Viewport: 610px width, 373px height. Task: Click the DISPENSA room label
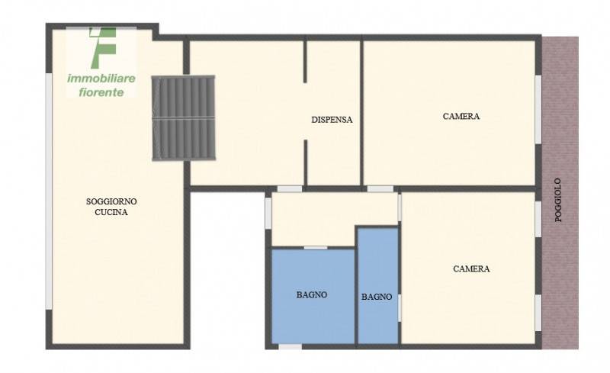click(332, 120)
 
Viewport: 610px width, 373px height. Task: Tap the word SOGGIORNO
click(111, 201)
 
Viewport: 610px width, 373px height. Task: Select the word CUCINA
click(111, 212)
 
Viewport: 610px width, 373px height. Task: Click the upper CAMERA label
click(461, 116)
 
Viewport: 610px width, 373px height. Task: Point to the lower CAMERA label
click(471, 268)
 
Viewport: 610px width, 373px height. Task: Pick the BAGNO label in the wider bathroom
click(312, 294)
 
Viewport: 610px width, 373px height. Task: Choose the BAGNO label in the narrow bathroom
click(377, 297)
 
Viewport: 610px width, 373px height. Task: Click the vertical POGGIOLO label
click(558, 200)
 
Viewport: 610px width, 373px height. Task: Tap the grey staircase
click(183, 118)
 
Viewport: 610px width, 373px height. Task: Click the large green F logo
click(102, 47)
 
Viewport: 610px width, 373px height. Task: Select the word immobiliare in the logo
click(101, 79)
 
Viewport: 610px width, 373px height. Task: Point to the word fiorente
click(101, 92)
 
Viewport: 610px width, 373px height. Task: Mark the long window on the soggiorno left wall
click(49, 191)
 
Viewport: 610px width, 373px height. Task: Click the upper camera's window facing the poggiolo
click(538, 110)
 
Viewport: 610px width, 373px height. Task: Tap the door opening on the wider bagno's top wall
click(316, 248)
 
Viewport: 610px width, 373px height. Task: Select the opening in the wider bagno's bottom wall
click(291, 346)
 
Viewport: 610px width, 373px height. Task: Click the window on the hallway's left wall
click(268, 214)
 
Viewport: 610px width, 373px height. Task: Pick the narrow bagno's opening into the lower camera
click(400, 308)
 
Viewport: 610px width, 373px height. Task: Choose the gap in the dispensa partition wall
click(306, 111)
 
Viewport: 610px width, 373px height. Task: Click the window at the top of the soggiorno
click(101, 27)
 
